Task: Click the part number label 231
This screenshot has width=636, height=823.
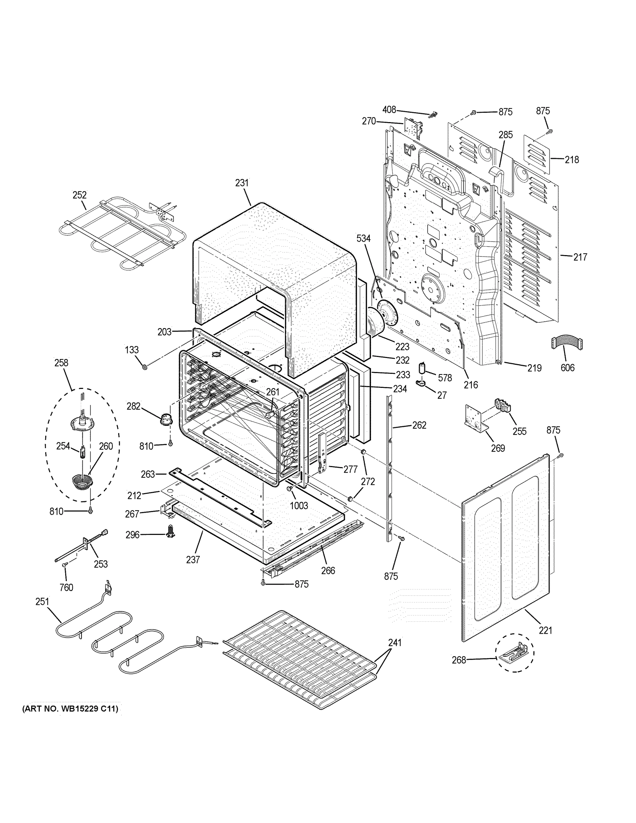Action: pos(242,183)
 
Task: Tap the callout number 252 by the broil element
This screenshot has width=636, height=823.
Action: pos(80,195)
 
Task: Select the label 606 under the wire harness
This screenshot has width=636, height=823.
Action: pos(567,368)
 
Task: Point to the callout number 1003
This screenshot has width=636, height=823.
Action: pos(299,506)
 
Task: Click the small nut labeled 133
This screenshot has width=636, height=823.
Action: pos(144,367)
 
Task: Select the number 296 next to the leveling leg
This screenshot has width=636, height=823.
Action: pos(133,535)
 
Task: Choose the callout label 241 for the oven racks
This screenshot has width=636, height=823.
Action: pos(395,643)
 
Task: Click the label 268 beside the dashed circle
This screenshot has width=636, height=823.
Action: pos(459,660)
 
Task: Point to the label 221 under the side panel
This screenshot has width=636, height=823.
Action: pos(545,630)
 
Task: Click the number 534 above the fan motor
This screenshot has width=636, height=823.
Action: pos(363,238)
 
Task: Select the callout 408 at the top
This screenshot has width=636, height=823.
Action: pos(389,110)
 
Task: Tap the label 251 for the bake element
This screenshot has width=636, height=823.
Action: pos(42,601)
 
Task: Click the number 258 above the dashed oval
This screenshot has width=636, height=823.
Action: pos(61,362)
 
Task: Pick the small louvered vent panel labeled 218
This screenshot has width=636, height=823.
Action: pos(535,154)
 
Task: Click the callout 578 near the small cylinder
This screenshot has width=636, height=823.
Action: pos(445,378)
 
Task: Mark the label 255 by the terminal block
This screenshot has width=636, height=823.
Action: pos(519,431)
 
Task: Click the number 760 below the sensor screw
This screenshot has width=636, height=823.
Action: pos(66,587)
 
